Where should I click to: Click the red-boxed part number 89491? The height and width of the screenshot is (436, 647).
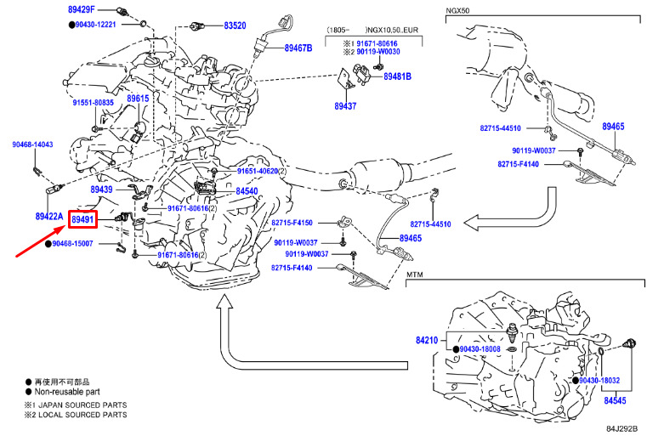pos(82,221)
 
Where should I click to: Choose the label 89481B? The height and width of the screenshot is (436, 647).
pos(396,76)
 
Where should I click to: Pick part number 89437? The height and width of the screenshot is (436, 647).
pos(345,106)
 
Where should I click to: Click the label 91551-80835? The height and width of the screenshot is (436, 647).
pos(93,102)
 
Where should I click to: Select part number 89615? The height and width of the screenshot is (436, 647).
pos(138,99)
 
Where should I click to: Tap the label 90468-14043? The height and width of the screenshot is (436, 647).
pos(31,144)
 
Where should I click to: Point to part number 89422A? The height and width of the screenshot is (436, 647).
pos(48,217)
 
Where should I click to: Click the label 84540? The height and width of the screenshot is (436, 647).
pos(247,192)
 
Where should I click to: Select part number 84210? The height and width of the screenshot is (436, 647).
pos(426,340)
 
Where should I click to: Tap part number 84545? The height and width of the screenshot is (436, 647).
pos(615,398)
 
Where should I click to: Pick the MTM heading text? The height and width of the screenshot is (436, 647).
pos(414,275)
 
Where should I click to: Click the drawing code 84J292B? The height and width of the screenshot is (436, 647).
pos(621,429)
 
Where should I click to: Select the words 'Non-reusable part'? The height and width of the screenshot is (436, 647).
pos(70,393)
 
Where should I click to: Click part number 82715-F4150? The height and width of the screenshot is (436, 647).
pos(292,223)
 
